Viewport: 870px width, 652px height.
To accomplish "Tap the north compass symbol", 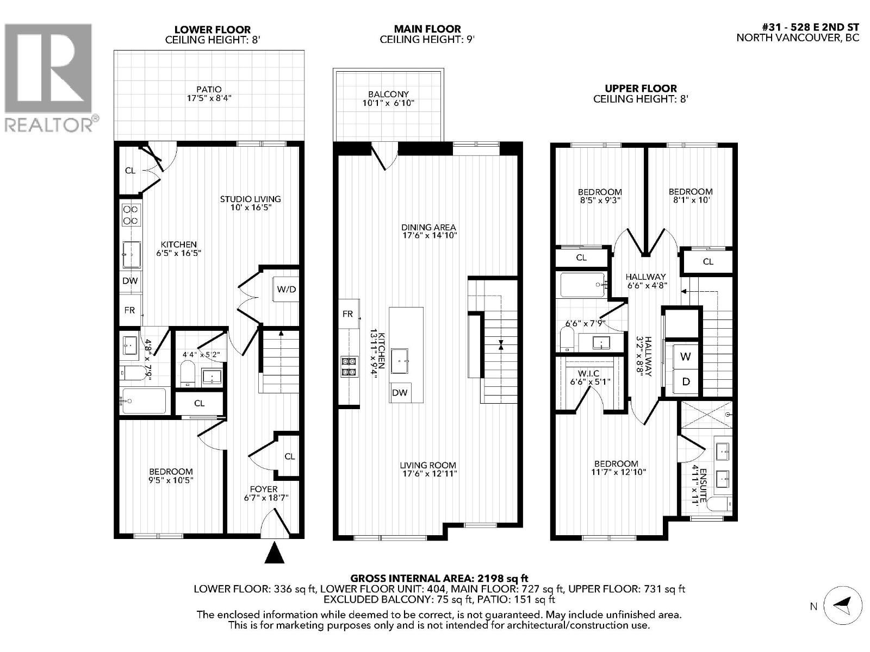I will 842,606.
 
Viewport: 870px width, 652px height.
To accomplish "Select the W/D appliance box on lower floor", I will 287,289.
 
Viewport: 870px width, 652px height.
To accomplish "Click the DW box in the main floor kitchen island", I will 400,392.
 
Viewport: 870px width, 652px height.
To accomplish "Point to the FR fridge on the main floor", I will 348,314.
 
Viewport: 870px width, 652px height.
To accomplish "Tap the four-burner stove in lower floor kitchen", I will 130,215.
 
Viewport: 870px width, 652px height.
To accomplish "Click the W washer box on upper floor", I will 686,356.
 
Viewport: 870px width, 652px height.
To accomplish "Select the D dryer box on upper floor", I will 686,382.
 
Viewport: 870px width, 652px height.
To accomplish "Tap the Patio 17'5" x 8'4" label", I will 209,93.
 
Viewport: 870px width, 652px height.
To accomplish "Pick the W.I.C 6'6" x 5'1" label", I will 589,377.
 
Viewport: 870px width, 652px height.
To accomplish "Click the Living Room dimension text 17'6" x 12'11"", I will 428,473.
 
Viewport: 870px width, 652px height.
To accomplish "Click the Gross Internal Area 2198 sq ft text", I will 439,579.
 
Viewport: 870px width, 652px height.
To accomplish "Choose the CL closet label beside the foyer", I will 289,456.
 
